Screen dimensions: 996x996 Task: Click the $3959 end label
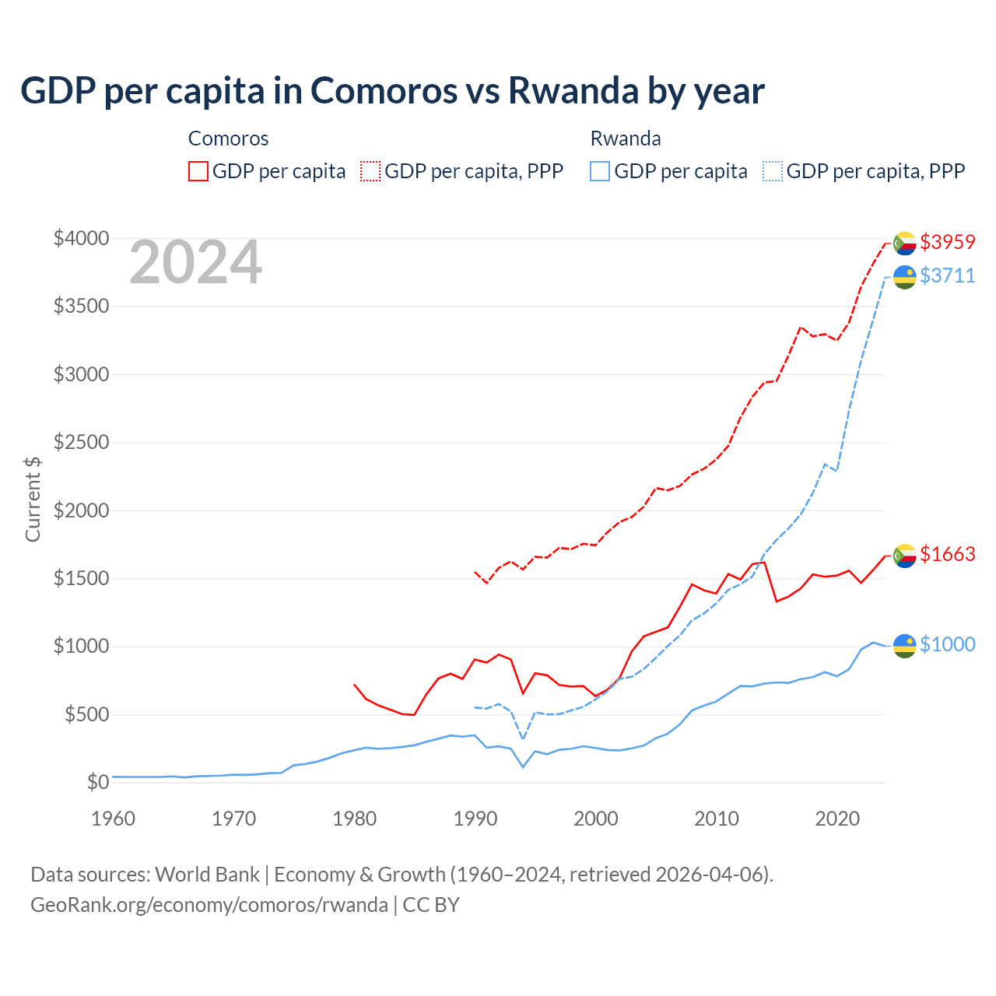click(947, 242)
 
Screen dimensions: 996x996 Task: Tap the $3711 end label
click(947, 275)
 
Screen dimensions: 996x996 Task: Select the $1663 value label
click(947, 554)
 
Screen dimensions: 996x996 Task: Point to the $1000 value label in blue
click(947, 644)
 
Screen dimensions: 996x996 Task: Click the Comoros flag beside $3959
click(904, 243)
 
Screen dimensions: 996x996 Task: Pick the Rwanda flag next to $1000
click(904, 645)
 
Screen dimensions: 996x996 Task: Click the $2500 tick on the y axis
click(81, 443)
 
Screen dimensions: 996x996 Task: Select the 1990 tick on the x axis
click(475, 819)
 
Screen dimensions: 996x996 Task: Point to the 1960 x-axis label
click(114, 819)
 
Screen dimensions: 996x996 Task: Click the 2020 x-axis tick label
click(836, 819)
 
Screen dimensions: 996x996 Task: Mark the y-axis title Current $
click(33, 499)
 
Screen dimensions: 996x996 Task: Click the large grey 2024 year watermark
click(195, 262)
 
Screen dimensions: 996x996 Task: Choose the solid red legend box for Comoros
click(198, 171)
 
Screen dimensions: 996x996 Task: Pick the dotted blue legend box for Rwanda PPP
click(773, 171)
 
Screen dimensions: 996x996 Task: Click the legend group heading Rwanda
click(626, 139)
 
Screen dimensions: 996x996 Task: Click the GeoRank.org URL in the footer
click(209, 905)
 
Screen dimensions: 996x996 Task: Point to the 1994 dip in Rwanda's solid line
click(523, 767)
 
